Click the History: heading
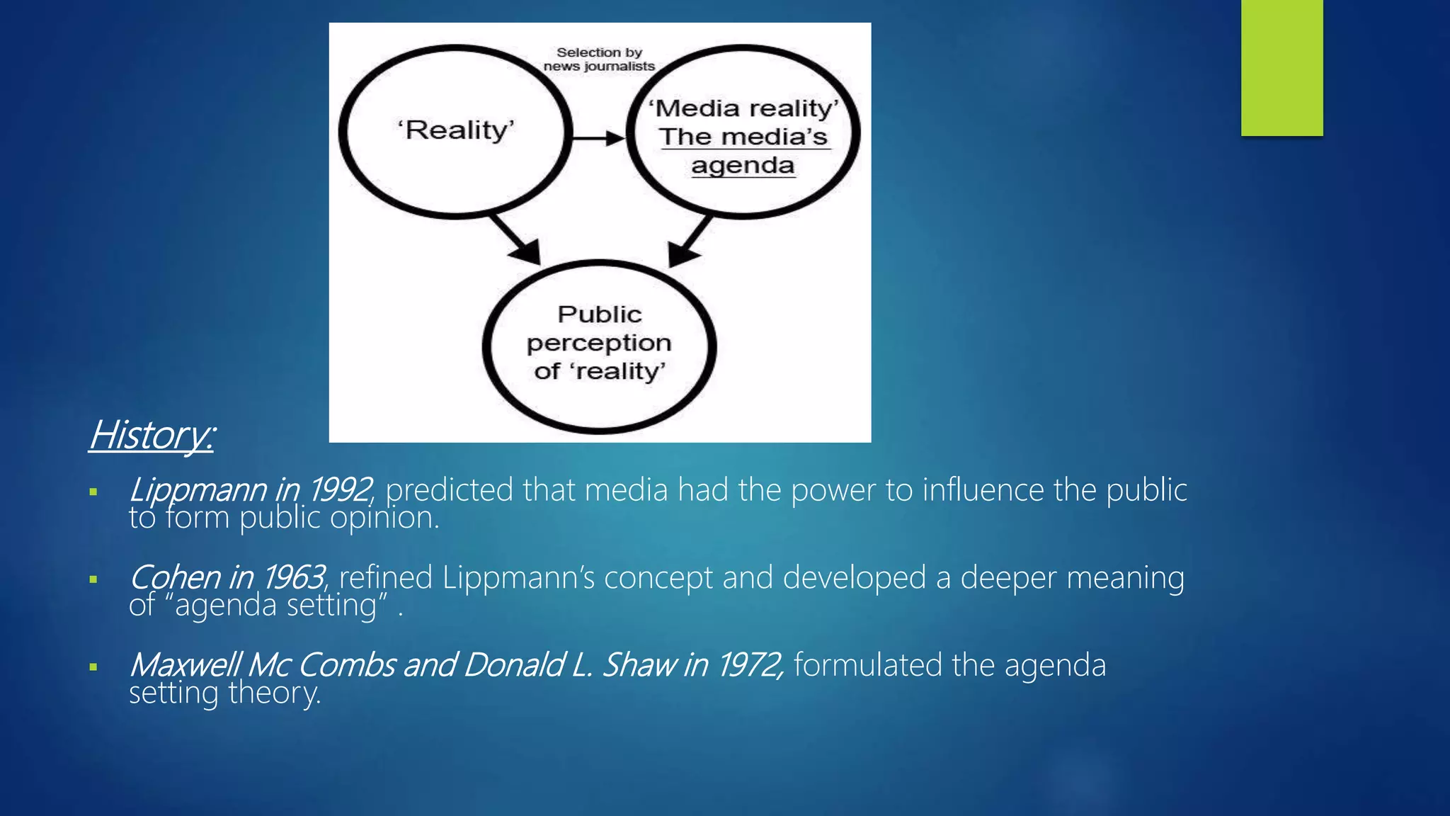pos(151,434)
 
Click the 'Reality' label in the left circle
pos(456,130)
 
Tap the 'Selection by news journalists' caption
pos(599,59)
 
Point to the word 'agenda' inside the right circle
pos(743,166)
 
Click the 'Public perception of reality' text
pos(599,343)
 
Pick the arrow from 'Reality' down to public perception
pos(515,239)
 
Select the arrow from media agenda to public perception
pos(690,241)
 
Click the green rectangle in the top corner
pos(1281,67)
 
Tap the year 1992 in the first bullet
pos(340,490)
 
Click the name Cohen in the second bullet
pos(174,577)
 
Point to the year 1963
pos(293,577)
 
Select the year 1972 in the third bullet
pos(748,665)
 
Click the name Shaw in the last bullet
pos(639,665)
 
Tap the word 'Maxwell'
pos(184,665)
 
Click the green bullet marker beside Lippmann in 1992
pos(93,492)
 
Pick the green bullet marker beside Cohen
pos(93,579)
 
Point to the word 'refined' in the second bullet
pos(385,577)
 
